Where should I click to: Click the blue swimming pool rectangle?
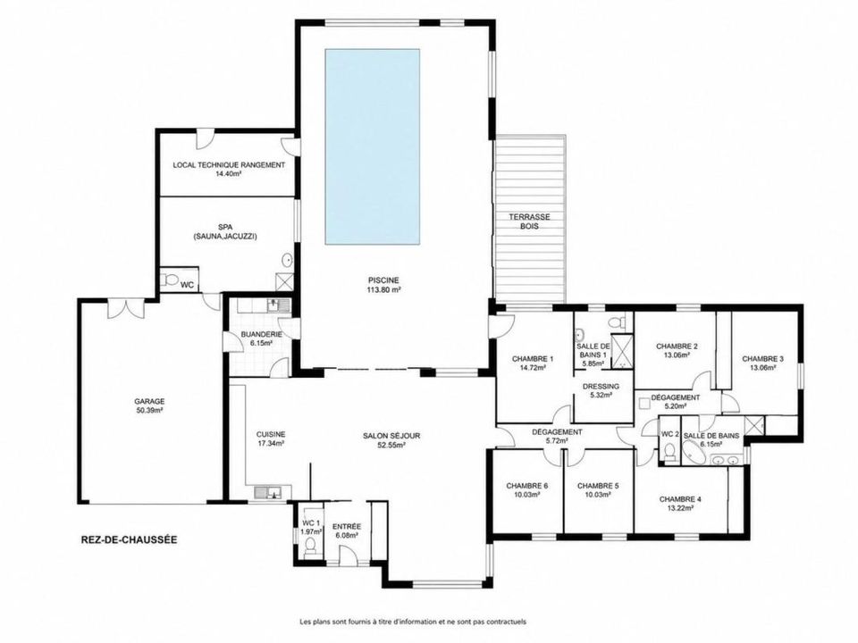(373, 146)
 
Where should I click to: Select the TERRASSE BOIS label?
(529, 221)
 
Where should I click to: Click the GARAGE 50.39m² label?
(149, 405)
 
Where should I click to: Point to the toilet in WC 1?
(310, 547)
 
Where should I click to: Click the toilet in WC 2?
(669, 452)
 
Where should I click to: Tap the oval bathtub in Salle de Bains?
(696, 452)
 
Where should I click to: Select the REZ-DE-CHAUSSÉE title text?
(129, 539)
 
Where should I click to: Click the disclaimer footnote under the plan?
(413, 622)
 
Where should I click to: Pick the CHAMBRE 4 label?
(680, 503)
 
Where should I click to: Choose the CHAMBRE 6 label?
(527, 489)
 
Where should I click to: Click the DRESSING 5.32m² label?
(601, 390)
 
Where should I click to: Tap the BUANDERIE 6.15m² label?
(262, 338)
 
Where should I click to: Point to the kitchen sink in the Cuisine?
(267, 492)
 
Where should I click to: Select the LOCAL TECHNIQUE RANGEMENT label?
(229, 169)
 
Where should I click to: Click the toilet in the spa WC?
(171, 280)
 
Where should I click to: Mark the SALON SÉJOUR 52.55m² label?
(391, 439)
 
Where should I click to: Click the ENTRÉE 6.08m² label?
(347, 530)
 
